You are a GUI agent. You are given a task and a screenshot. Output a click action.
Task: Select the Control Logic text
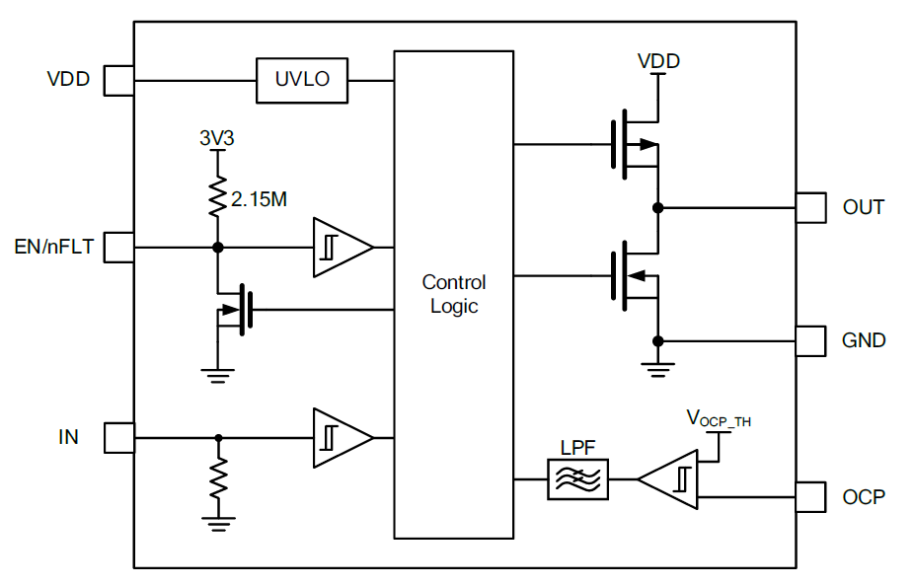[x=454, y=294]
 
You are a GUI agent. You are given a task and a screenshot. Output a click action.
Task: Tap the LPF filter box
[x=577, y=480]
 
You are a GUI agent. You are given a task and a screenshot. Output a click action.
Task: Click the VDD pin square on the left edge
[x=118, y=80]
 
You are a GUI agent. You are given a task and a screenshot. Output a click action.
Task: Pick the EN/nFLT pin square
[x=118, y=247]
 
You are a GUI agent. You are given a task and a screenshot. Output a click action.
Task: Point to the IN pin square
[x=118, y=437]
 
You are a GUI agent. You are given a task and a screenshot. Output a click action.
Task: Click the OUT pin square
[x=810, y=208]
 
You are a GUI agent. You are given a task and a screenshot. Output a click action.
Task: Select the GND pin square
[x=810, y=340]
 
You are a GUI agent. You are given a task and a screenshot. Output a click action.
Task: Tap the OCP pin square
[x=810, y=496]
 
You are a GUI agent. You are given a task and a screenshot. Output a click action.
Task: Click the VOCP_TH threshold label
[x=719, y=418]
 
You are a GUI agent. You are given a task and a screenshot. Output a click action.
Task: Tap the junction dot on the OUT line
[x=657, y=208]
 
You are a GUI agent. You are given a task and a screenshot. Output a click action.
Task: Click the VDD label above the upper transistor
[x=658, y=61]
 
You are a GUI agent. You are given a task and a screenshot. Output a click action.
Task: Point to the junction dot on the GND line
[x=657, y=340]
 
